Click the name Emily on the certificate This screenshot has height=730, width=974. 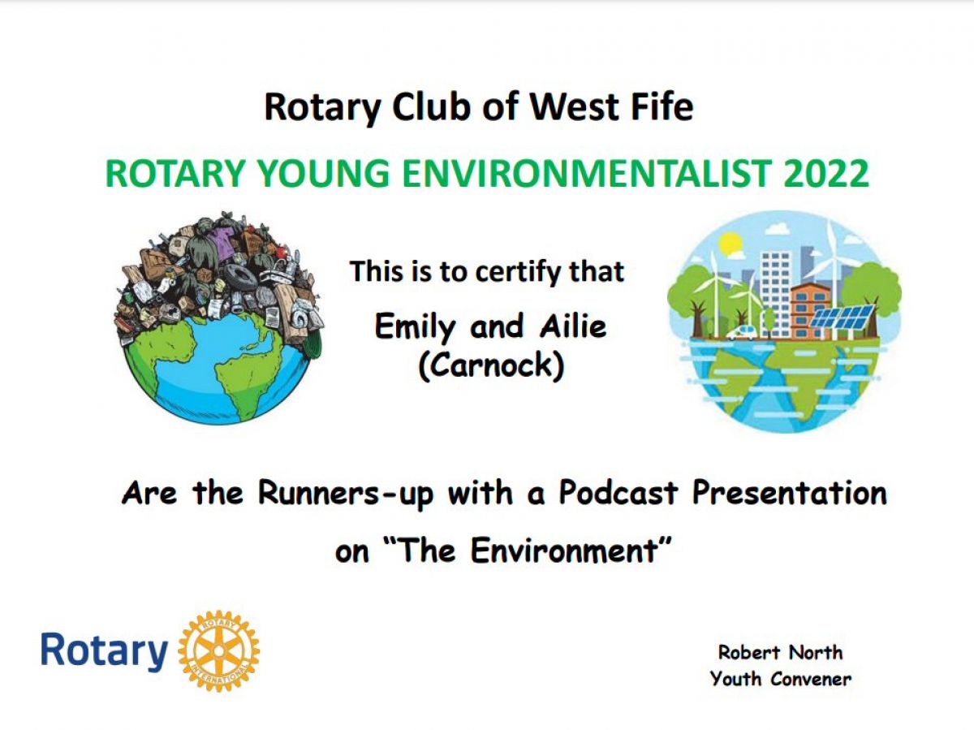pyautogui.click(x=416, y=327)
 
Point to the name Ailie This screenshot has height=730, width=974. pyautogui.click(x=573, y=326)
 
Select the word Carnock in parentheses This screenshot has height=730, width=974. pyautogui.click(x=492, y=365)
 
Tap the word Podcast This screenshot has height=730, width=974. pyautogui.click(x=618, y=492)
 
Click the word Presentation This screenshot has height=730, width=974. pyautogui.click(x=790, y=492)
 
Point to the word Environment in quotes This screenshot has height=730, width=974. pyautogui.click(x=563, y=551)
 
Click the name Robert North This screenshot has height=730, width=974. pyautogui.click(x=780, y=652)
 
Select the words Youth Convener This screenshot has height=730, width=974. pyautogui.click(x=781, y=679)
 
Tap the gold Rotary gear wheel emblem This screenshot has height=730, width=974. pyautogui.click(x=219, y=651)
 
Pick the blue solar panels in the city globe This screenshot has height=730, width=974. pyautogui.click(x=842, y=318)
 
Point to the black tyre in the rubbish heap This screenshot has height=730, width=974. pyautogui.click(x=240, y=274)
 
